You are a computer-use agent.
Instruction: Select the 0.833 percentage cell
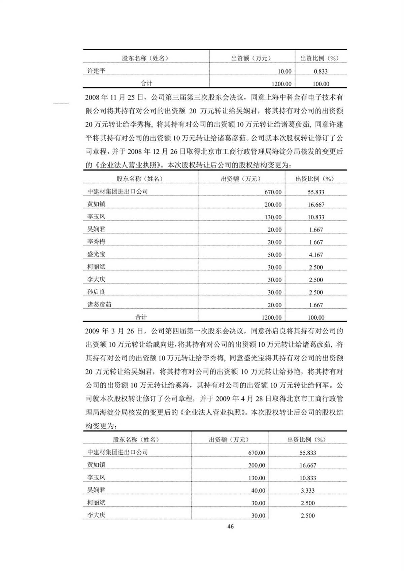coord(321,71)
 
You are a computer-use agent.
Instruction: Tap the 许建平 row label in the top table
coord(96,71)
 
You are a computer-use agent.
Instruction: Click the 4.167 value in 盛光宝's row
coord(316,255)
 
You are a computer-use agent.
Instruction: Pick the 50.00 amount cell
coord(274,255)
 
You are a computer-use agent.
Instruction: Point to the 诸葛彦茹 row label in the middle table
coord(99,305)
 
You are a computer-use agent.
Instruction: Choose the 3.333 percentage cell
coord(308,491)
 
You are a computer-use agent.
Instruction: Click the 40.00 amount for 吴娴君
coord(258,491)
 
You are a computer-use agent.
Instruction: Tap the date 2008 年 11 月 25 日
coord(115,98)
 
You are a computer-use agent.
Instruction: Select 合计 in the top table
coord(146,84)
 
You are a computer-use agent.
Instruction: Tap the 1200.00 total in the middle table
coord(271,318)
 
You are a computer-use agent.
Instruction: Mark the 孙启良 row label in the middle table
coord(96,292)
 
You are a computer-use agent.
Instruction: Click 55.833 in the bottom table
coord(308,453)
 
